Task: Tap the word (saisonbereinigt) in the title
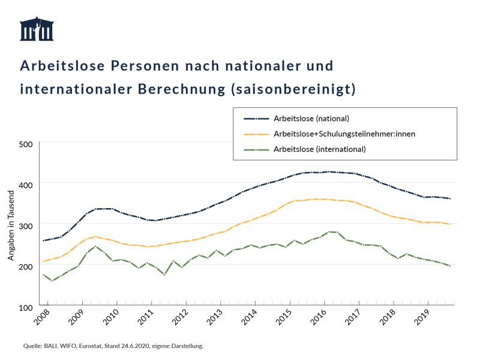point(293,89)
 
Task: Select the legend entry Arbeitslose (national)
point(311,118)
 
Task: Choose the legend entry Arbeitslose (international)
point(319,149)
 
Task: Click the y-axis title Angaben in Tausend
point(11,225)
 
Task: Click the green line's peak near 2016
point(329,232)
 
